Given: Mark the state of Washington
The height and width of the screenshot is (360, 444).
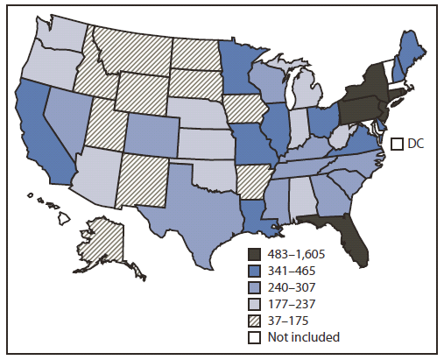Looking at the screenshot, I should [x=60, y=35].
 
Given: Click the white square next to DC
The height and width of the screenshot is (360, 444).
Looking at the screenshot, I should [x=396, y=144].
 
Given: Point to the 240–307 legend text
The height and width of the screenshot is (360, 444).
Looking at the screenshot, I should [x=293, y=287].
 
